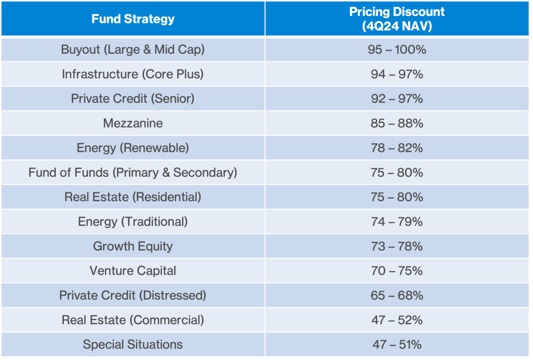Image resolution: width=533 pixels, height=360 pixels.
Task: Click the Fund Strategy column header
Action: (133, 19)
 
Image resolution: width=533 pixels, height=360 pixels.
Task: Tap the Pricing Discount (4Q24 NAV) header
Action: (397, 19)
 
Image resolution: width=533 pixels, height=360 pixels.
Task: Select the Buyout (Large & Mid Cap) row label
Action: (133, 50)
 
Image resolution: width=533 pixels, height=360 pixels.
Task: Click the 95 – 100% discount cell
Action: (397, 50)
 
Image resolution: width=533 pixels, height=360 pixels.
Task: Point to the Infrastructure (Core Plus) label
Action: (133, 74)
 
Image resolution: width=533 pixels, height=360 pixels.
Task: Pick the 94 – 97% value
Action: (397, 74)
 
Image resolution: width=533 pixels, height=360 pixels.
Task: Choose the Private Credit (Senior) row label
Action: (133, 99)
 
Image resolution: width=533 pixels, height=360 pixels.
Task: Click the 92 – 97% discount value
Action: (397, 99)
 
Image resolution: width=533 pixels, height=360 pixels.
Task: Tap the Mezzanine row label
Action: (133, 123)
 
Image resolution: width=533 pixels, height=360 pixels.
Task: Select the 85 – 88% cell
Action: (397, 123)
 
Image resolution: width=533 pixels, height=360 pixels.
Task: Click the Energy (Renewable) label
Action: (133, 148)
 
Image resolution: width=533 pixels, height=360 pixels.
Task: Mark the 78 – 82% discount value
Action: (397, 148)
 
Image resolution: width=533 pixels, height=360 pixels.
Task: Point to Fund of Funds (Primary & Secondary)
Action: (133, 172)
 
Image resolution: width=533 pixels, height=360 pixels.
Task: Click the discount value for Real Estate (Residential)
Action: (397, 197)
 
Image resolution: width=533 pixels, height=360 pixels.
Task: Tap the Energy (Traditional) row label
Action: (133, 221)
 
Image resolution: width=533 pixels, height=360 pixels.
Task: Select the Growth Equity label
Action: (133, 246)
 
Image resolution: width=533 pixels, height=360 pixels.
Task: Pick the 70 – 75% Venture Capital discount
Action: (397, 271)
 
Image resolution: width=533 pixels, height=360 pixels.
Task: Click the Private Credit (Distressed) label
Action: (133, 295)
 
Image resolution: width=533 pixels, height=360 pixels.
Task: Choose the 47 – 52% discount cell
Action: (397, 320)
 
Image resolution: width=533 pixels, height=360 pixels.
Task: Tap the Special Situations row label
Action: (133, 344)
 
